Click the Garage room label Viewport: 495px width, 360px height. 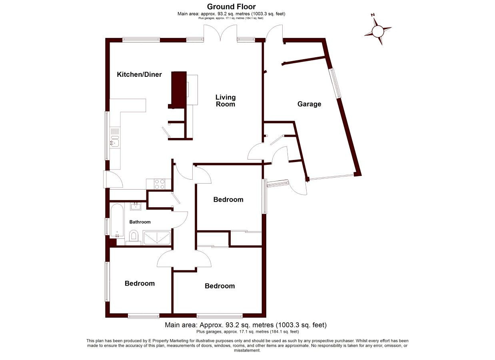pos(309,104)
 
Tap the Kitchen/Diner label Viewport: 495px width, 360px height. pos(139,74)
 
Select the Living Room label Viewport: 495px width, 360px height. pos(226,101)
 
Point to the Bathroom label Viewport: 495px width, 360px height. pos(140,222)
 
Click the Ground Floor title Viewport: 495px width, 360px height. pos(232,7)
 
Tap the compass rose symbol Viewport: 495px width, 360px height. pos(378,31)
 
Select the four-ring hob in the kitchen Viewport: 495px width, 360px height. pos(160,184)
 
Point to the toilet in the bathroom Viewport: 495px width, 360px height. pos(134,238)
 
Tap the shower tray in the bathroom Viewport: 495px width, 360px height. pos(157,238)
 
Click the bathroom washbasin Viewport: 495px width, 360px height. pos(135,206)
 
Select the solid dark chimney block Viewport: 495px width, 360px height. pos(178,90)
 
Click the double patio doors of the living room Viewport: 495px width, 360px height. pos(220,33)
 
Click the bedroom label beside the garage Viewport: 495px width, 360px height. pos(228,200)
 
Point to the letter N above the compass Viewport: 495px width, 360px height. pos(373,15)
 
